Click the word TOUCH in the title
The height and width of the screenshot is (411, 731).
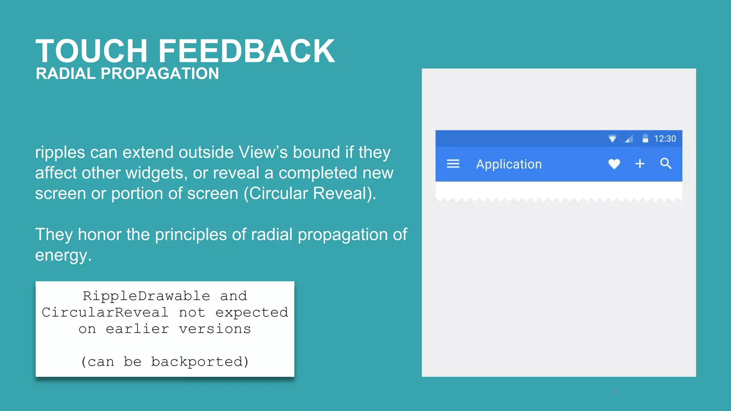pos(91,51)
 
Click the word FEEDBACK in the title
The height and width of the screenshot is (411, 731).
pos(246,51)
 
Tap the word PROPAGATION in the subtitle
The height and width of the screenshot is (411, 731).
pos(160,74)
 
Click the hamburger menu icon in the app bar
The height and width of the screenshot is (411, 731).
pos(453,164)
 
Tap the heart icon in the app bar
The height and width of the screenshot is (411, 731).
pos(614,164)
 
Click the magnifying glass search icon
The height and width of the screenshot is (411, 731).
pos(666,163)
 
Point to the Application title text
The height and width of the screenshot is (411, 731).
pos(509,164)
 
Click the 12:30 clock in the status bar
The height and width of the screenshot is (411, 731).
pos(665,138)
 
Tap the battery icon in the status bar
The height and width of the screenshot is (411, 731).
pos(645,138)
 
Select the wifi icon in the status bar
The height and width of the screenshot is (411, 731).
pos(612,138)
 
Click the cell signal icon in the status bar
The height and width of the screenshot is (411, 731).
pos(629,138)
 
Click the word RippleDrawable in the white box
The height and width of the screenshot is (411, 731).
pos(146,296)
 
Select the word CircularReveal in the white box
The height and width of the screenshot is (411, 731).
pos(105,313)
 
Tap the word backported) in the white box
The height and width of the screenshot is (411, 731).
pos(200,362)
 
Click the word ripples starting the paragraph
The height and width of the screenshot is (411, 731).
pos(60,153)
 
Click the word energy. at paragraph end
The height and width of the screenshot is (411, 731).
pos(63,255)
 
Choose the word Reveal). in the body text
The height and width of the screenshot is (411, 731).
pos(344,194)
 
